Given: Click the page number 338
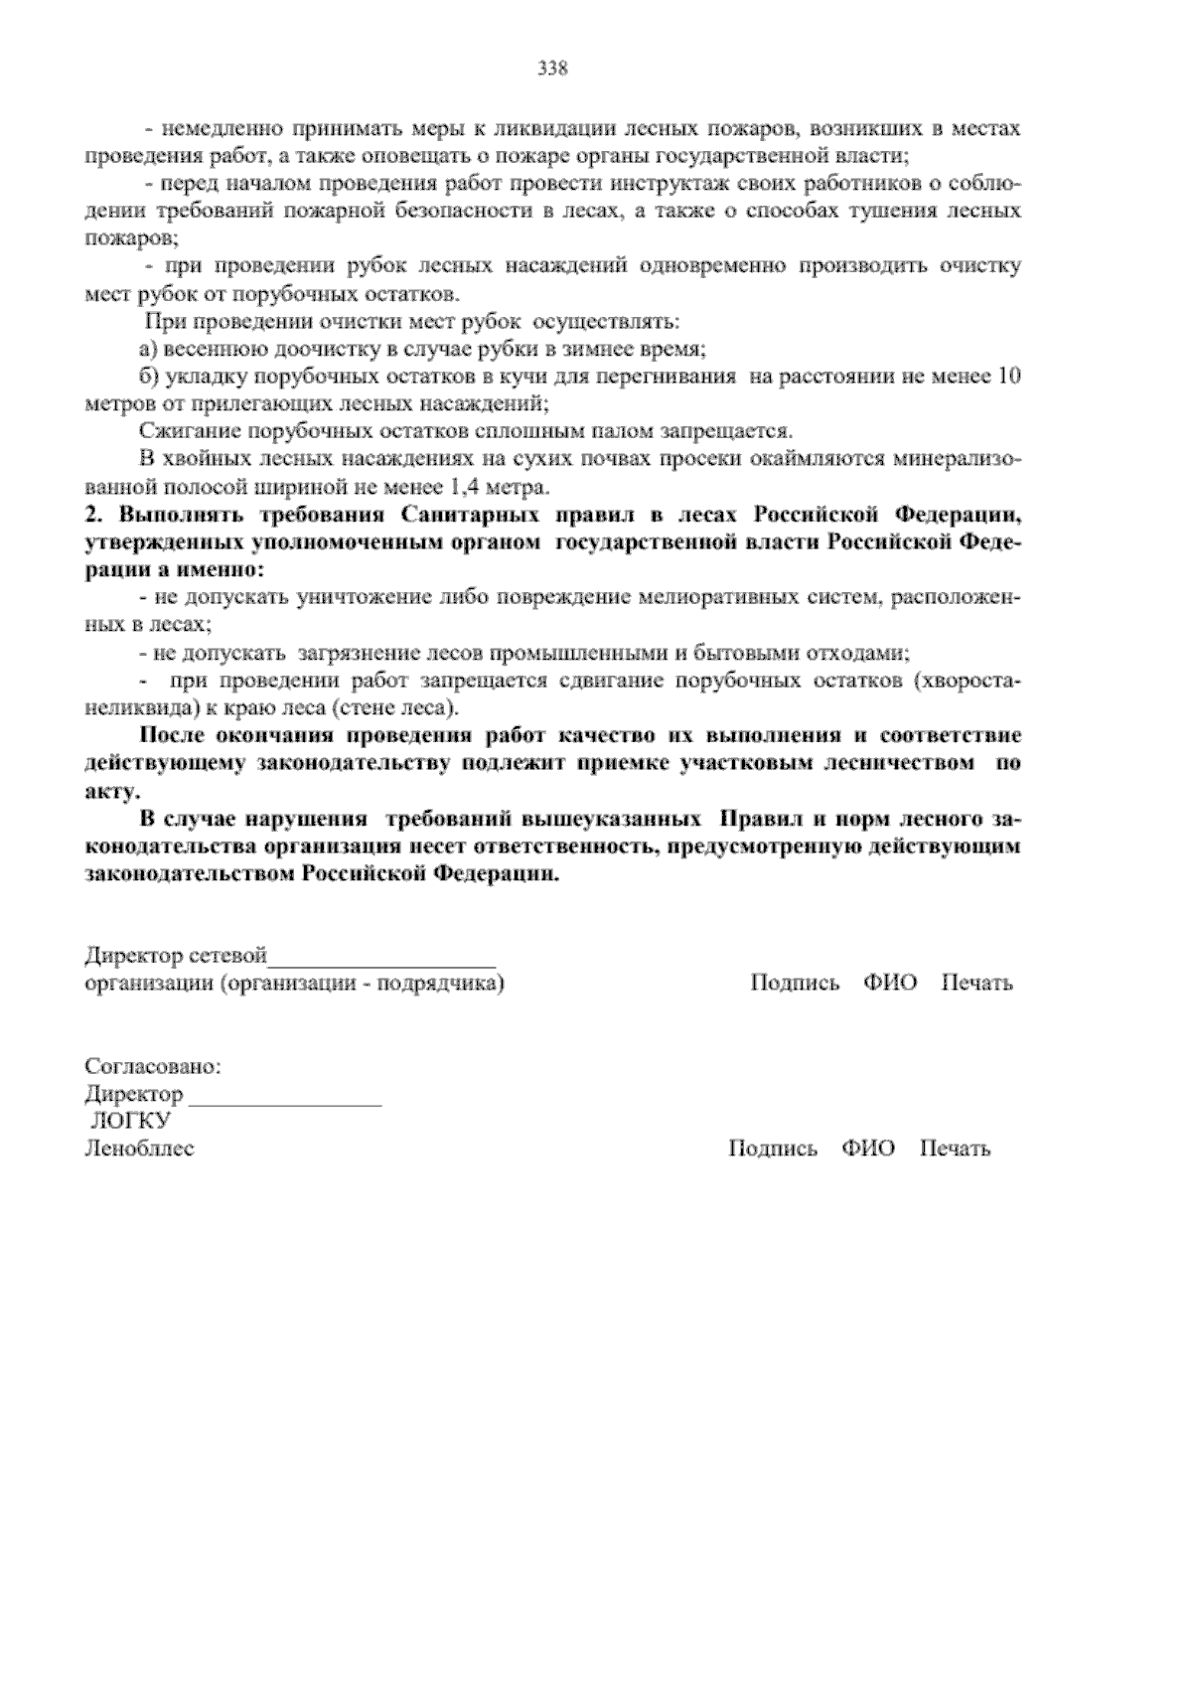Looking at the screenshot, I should coord(552,69).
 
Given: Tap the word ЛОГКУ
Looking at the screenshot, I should coord(130,1121).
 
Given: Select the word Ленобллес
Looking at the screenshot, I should coord(140,1149).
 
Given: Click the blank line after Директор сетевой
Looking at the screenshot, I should coord(382,960).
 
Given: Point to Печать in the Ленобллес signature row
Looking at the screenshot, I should coord(955,1149).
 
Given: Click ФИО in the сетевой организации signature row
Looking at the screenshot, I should coord(890,983).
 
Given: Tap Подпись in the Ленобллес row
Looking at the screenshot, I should coord(773,1149).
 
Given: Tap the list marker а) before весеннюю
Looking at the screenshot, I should coord(149,350).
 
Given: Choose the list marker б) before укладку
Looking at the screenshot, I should coord(150,377).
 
